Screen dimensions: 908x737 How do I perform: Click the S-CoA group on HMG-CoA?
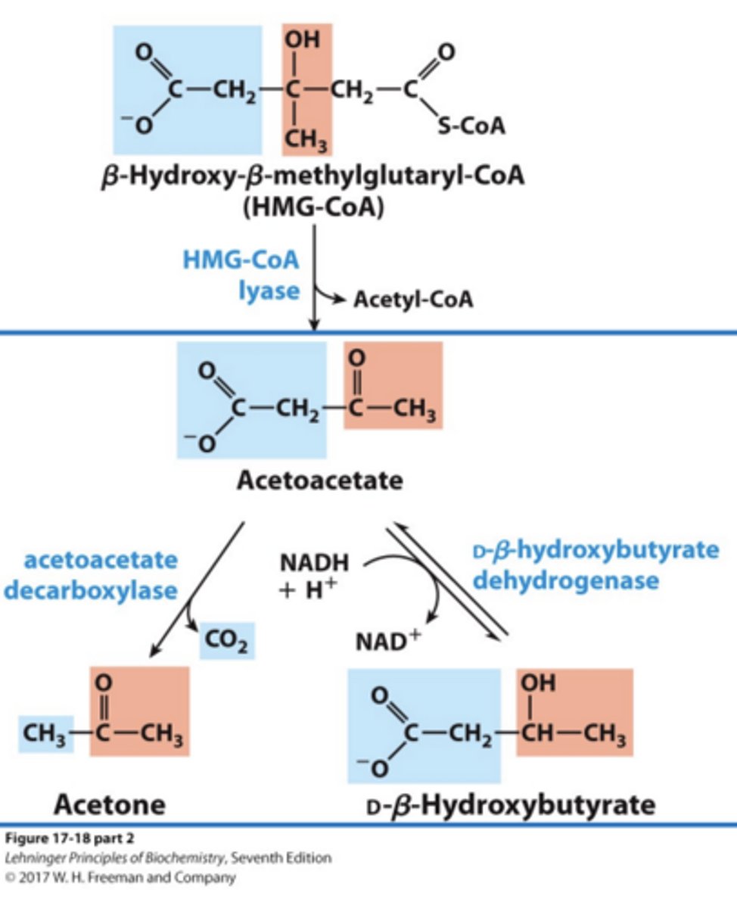(x=471, y=126)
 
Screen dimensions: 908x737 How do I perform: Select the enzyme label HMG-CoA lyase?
(x=241, y=275)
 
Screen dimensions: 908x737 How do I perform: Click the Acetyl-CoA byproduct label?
(x=413, y=300)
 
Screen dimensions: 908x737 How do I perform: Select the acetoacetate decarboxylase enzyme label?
(x=91, y=574)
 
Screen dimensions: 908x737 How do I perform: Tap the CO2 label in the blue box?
(x=227, y=642)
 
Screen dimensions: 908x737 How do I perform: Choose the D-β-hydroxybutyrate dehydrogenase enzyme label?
(x=594, y=564)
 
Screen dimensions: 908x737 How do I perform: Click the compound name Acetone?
(x=109, y=804)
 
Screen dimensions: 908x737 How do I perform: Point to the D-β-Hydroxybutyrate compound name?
(x=510, y=804)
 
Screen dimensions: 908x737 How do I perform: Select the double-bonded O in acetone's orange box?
(x=104, y=681)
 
